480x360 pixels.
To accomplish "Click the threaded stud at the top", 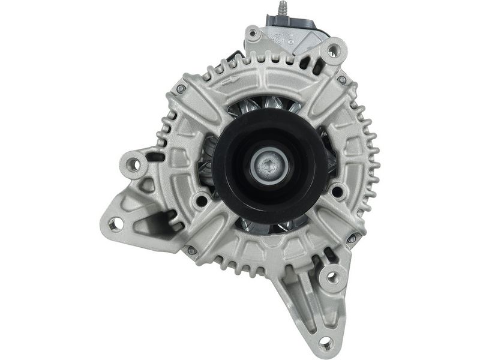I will pos(280,10).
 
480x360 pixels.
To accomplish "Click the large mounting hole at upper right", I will pos(334,51).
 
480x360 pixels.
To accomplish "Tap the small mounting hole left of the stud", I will pos(253,34).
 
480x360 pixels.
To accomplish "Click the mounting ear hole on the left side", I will pos(134,163).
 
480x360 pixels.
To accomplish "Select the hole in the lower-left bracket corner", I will pos(115,223).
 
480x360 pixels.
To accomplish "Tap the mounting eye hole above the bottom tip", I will pos(331,278).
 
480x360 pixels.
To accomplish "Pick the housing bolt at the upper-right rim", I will pos(342,80).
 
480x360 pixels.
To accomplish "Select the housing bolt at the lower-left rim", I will pos(193,250).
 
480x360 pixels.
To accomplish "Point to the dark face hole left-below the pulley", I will pos(202,200).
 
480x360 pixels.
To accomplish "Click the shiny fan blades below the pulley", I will pos(270,226).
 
